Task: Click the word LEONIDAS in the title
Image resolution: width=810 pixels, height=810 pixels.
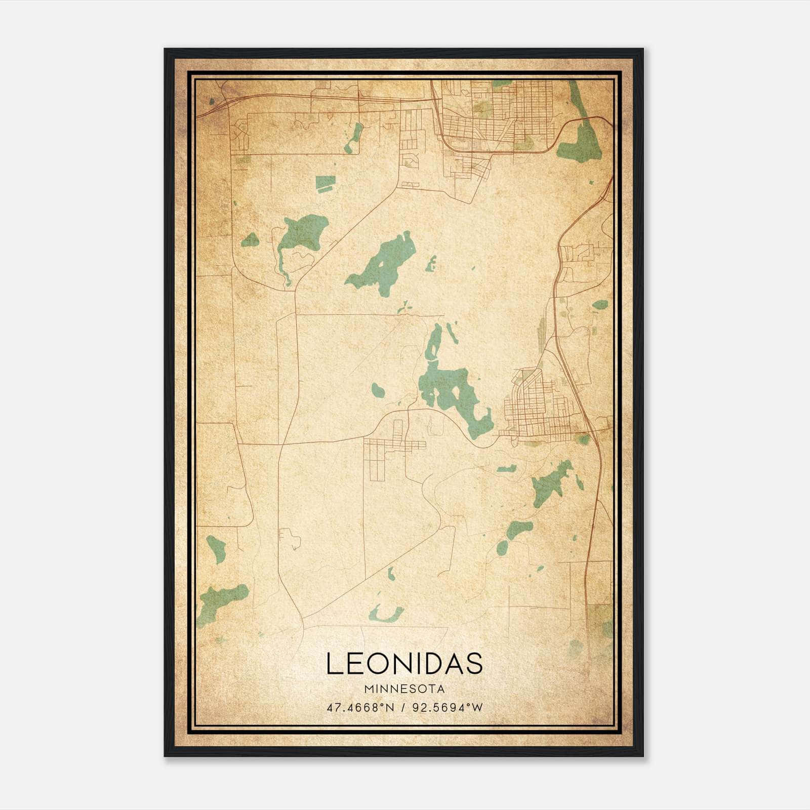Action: [404, 664]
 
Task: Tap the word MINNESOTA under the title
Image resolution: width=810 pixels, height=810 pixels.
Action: [404, 689]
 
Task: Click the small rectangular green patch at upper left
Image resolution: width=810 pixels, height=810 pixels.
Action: [325, 183]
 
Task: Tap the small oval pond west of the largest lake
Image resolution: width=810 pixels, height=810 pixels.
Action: [378, 390]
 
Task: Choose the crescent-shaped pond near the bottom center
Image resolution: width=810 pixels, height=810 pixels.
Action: [385, 614]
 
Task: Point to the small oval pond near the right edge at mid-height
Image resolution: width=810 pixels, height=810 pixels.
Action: [600, 305]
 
